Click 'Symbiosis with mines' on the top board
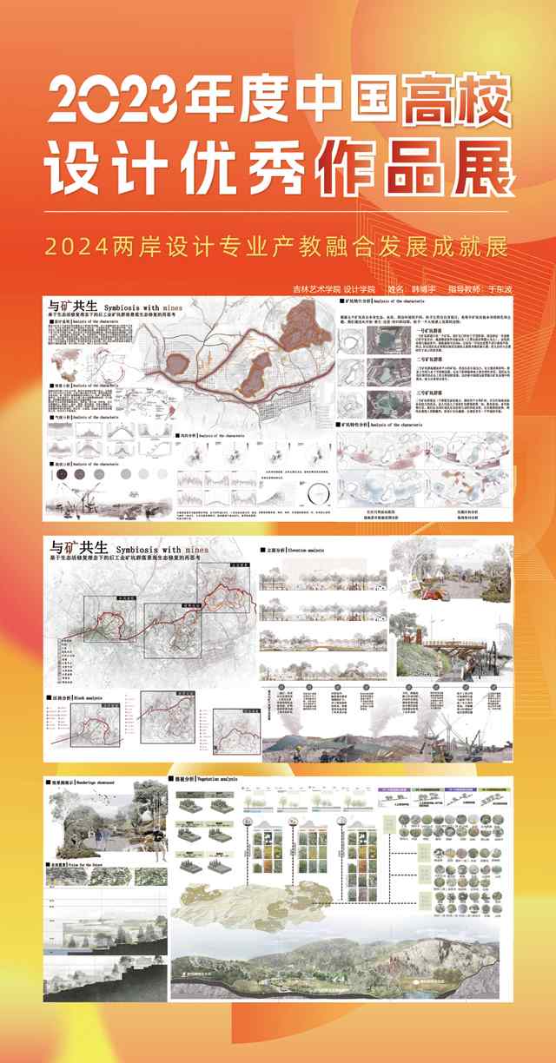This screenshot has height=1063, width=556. pos(139,307)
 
